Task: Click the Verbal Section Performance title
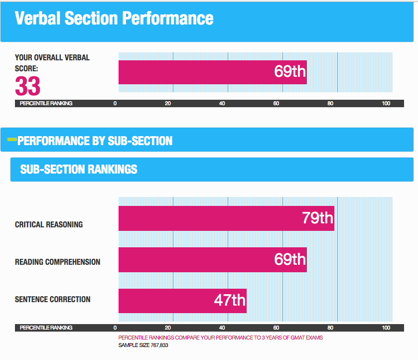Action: click(114, 18)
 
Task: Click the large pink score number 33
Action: click(27, 86)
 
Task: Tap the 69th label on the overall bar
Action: click(290, 71)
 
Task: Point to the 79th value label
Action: click(317, 218)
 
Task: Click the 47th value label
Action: click(230, 300)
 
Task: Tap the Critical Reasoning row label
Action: click(49, 224)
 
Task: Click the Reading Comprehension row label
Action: click(57, 262)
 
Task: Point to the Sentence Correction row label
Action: click(53, 299)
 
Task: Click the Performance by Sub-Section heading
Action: click(95, 141)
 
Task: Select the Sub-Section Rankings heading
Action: click(79, 169)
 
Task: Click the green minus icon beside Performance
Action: click(12, 140)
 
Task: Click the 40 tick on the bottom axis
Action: click(222, 328)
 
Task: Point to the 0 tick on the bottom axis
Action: click(115, 328)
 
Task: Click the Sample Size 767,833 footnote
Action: click(143, 345)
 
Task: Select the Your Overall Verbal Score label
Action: click(52, 63)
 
